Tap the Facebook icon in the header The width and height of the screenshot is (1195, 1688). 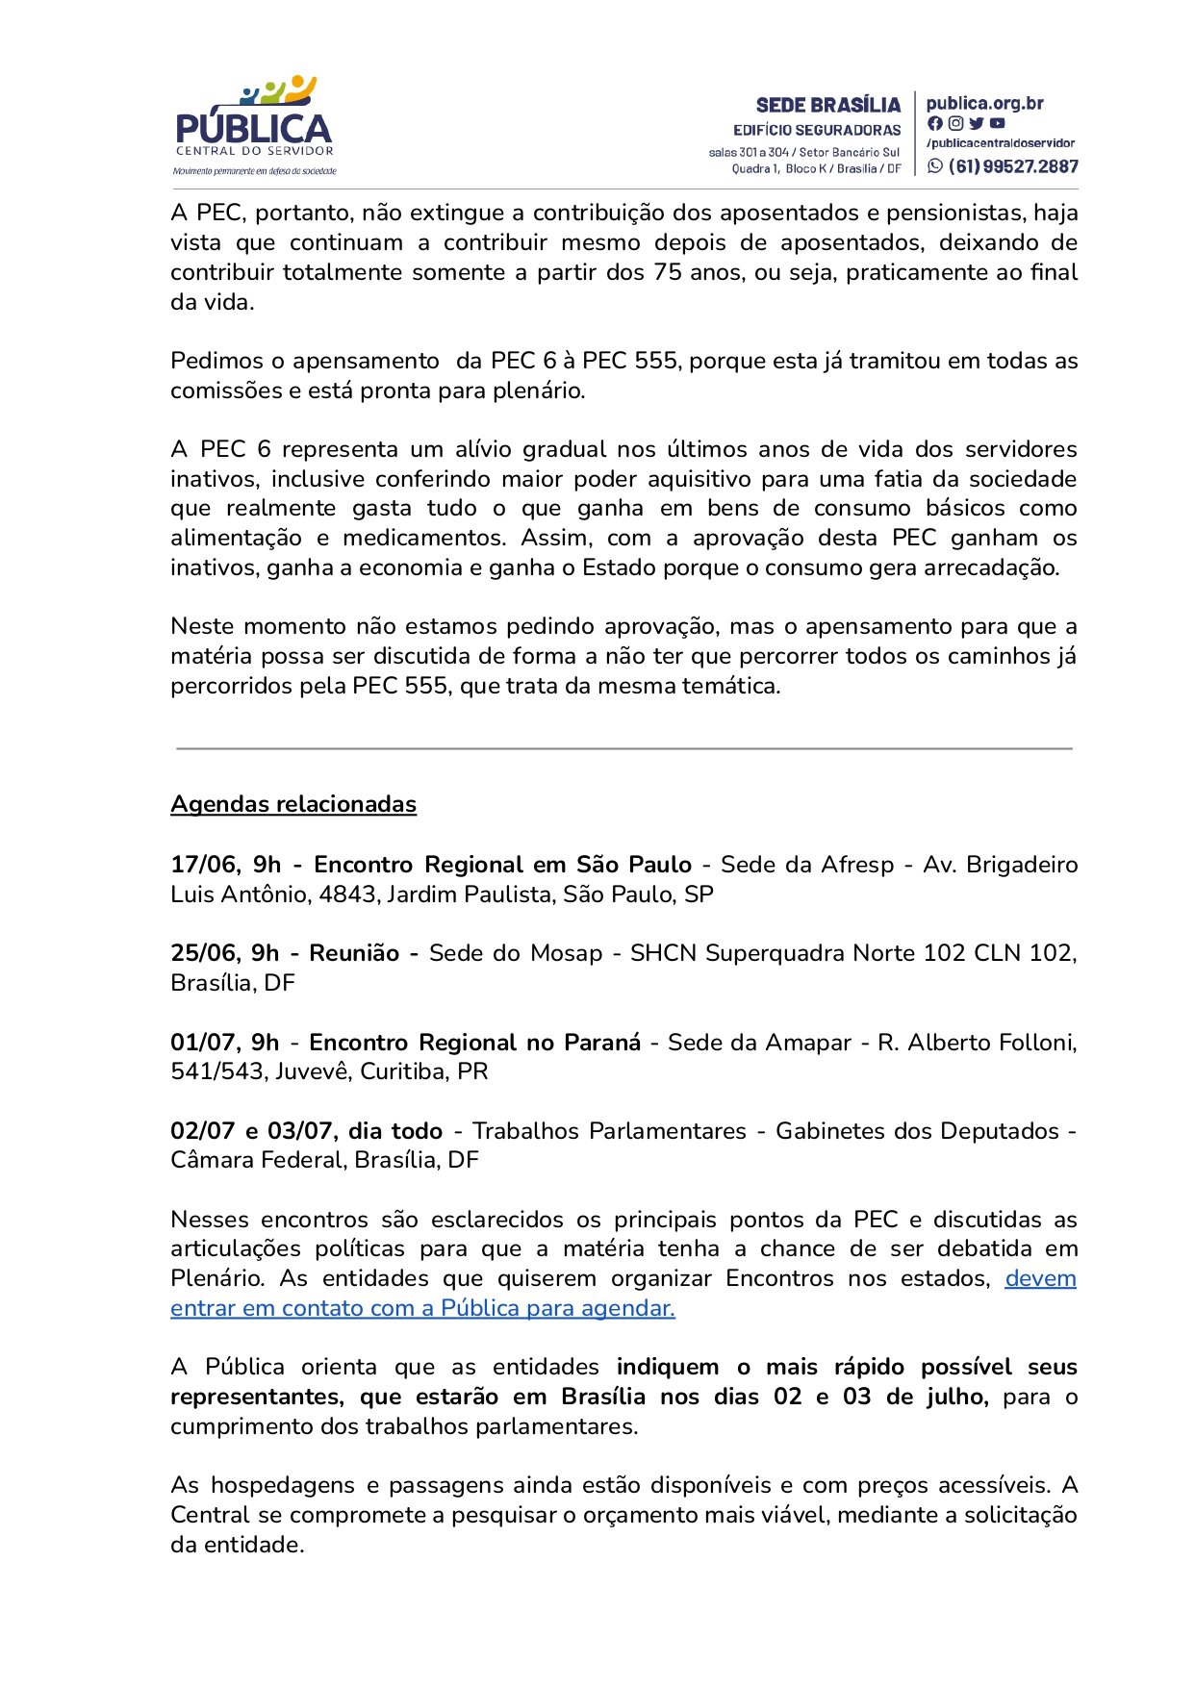pyautogui.click(x=935, y=123)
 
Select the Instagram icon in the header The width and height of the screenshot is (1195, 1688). pyautogui.click(x=955, y=123)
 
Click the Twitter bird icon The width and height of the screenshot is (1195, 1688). pyautogui.click(x=977, y=123)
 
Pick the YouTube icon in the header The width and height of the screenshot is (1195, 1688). pyautogui.click(x=998, y=123)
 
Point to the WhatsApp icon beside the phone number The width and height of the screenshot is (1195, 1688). pyautogui.click(x=935, y=165)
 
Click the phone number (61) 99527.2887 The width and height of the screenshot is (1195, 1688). pyautogui.click(x=1013, y=165)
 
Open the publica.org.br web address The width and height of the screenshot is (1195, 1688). pyautogui.click(x=984, y=103)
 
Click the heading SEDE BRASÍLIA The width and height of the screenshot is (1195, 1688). pyautogui.click(x=827, y=105)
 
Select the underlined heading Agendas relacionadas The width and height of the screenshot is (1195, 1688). pyautogui.click(x=293, y=804)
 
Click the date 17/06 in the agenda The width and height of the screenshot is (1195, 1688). pyautogui.click(x=202, y=865)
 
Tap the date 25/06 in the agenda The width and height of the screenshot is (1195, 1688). pyautogui.click(x=202, y=953)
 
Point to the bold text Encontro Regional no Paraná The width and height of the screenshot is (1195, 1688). pyautogui.click(x=474, y=1043)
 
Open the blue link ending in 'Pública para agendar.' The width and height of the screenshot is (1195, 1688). pyautogui.click(x=422, y=1308)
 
